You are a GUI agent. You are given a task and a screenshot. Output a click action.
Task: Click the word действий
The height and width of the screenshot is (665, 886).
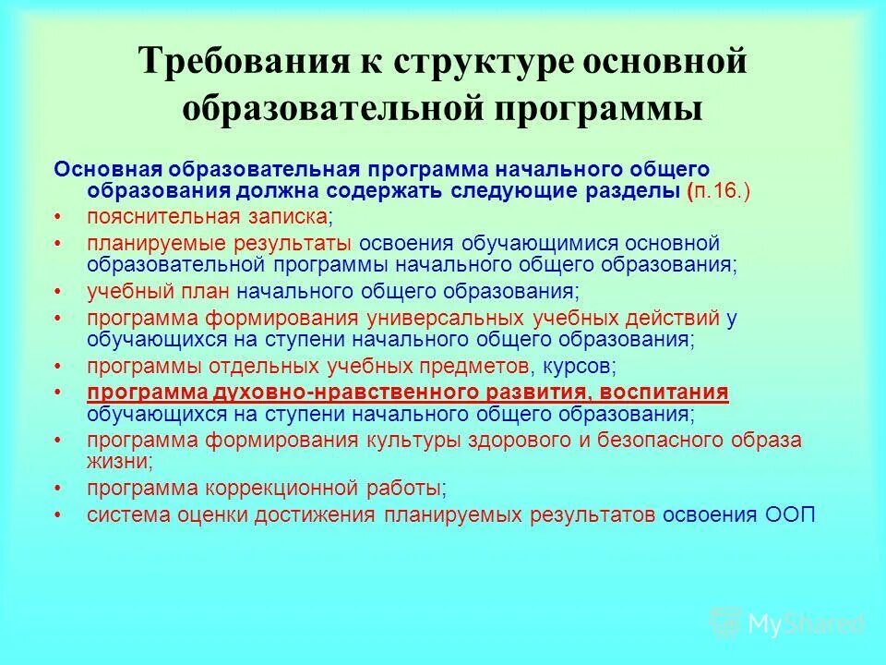(x=675, y=319)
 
